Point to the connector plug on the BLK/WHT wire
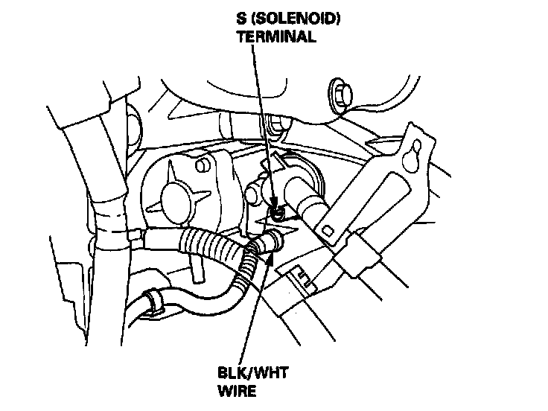click(270, 240)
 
